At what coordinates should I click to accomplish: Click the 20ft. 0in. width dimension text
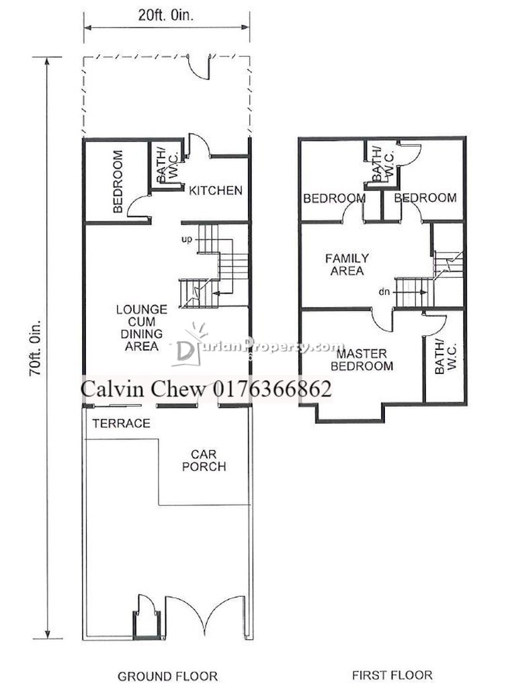(x=166, y=16)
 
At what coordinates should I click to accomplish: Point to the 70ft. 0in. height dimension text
(x=35, y=348)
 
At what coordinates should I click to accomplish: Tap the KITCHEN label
(x=216, y=190)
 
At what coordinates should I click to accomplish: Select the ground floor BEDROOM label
(x=118, y=182)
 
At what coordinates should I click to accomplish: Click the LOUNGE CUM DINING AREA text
(x=141, y=328)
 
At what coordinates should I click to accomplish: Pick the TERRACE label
(x=121, y=423)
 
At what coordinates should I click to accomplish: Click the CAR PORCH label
(x=204, y=460)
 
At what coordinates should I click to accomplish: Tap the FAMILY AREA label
(x=347, y=264)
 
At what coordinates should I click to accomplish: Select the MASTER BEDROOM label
(x=361, y=360)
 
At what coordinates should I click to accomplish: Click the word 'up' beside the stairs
(x=187, y=240)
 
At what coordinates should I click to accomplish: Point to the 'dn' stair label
(x=384, y=292)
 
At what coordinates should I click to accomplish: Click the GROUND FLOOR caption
(x=167, y=676)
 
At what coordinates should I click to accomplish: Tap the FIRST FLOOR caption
(x=392, y=675)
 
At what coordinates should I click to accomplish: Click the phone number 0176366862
(x=272, y=389)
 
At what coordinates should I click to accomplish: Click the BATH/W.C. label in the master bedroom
(x=445, y=357)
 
